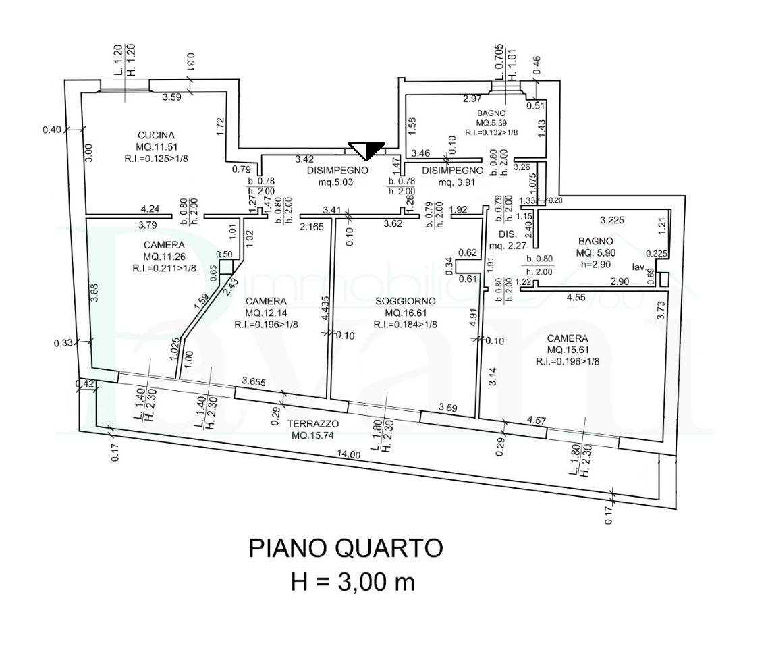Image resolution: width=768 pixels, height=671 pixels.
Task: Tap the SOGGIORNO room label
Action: click(x=405, y=300)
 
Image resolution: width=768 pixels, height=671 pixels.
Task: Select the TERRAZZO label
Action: click(x=312, y=424)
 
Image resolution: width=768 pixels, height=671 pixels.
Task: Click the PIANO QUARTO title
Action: click(x=346, y=548)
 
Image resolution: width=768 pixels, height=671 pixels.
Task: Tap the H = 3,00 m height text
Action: click(x=352, y=581)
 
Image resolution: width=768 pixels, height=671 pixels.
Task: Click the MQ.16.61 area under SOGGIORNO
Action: click(x=405, y=313)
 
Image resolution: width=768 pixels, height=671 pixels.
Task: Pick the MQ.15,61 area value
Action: click(x=568, y=350)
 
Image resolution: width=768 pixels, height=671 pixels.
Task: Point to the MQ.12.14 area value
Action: click(x=266, y=313)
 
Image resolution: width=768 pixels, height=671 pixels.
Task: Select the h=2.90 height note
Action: click(x=593, y=264)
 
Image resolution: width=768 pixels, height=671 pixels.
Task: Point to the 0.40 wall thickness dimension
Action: click(x=52, y=129)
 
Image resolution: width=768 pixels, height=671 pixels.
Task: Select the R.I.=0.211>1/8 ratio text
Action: click(x=164, y=269)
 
